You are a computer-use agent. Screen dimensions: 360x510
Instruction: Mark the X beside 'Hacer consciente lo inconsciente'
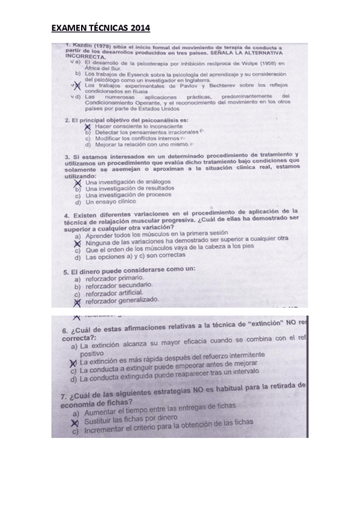click(x=88, y=126)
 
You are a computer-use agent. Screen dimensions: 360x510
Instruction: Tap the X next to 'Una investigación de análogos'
click(x=78, y=181)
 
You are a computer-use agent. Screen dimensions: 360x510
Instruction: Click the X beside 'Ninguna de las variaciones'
click(x=77, y=243)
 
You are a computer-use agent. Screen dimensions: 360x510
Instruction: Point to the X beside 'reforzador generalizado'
click(x=77, y=301)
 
